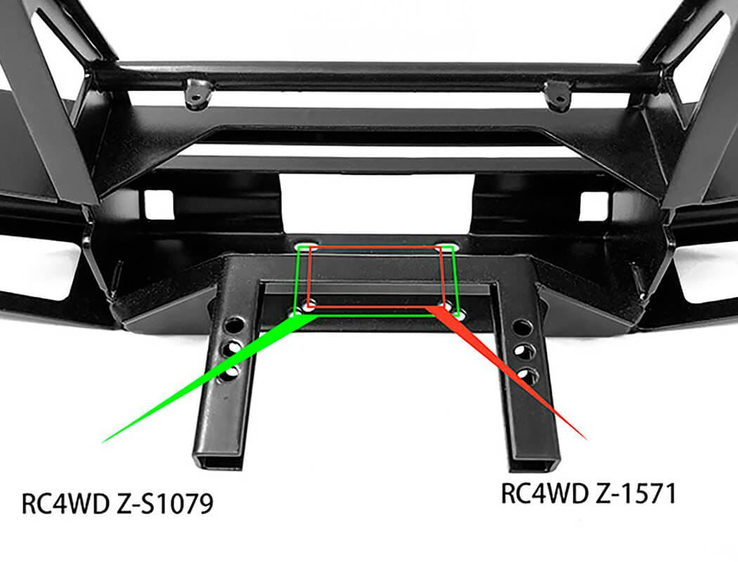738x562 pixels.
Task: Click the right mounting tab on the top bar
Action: tap(557, 94)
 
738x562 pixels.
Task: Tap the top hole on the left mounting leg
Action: tap(235, 327)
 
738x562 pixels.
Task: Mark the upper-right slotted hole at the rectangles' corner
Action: tap(445, 247)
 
